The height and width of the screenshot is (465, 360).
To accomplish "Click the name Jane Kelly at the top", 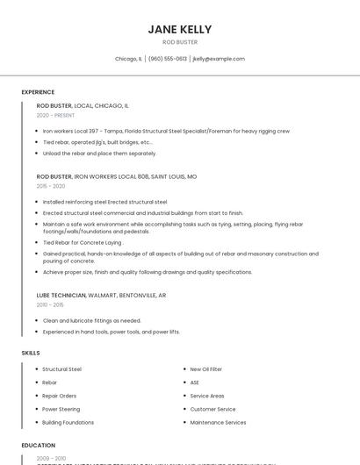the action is point(179,30).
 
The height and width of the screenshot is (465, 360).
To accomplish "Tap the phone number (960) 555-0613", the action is point(168,59).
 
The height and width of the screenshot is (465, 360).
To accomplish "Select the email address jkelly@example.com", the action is point(218,59).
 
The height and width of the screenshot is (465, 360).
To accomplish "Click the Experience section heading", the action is point(38,92).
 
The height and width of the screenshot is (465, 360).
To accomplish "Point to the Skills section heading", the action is point(31,353).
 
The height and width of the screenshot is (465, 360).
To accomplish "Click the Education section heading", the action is point(38,446).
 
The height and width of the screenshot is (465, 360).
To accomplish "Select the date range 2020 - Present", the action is point(55,115).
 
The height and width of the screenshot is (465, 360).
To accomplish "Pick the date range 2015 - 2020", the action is point(51,186).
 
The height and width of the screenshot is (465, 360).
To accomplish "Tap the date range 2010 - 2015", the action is point(50,304).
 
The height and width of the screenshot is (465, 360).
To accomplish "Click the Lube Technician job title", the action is point(61,296).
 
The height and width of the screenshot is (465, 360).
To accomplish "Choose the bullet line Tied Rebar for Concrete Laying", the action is point(82,242).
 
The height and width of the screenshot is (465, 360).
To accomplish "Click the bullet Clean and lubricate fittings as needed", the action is point(91,320).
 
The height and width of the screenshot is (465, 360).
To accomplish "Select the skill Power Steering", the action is point(61,409).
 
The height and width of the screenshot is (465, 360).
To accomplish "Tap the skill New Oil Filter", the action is point(206,369).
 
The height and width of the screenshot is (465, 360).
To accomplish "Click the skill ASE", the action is point(195,383).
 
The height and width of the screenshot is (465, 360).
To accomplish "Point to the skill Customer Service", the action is point(212,409).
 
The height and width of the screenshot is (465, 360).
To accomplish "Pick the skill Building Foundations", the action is point(68,422).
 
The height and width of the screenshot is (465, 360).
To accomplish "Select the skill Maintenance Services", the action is point(218,422).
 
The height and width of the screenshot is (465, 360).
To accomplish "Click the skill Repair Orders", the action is point(60,396).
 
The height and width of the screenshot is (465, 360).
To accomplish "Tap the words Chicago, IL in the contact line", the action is point(128,59).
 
